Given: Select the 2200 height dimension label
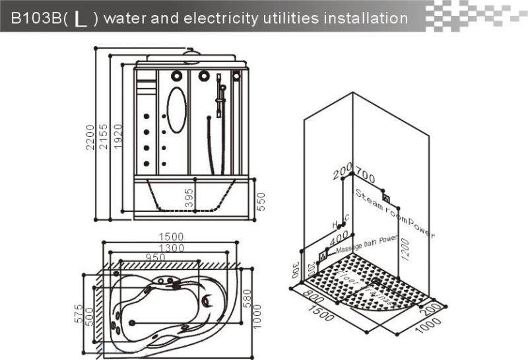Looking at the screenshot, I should tap(91, 137).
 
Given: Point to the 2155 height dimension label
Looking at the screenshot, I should tap(104, 137).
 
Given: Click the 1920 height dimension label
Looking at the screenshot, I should tap(117, 137).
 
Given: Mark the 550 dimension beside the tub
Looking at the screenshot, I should tap(260, 201).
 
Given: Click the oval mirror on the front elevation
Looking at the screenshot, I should tap(176, 109).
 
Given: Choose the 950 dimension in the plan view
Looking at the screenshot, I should tap(156, 257).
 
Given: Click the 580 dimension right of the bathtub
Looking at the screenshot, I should tap(246, 298).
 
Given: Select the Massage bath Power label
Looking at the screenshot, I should tap(366, 246).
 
